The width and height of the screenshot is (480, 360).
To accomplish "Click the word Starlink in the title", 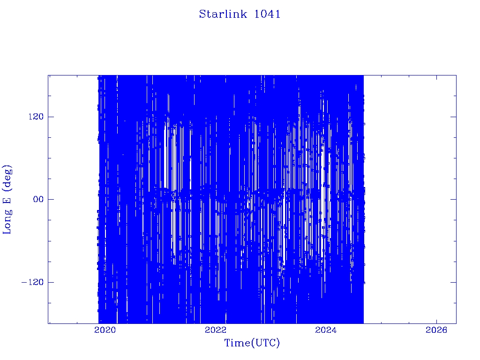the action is point(223,14).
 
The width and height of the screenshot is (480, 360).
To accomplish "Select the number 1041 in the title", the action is point(267,14).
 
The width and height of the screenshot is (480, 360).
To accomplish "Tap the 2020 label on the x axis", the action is point(105,330).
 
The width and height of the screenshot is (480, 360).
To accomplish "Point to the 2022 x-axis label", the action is point(216,330).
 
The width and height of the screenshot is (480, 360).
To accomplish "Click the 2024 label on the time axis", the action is point(326,330).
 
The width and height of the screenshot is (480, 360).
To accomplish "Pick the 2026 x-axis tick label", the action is point(436,330).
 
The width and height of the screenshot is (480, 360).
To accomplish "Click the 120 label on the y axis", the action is point(36,117).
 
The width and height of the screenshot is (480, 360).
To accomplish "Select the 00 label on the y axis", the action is point(38,199).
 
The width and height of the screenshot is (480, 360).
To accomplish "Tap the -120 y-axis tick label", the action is point(32,282).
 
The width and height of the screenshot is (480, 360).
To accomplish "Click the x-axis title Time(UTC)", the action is point(252,343).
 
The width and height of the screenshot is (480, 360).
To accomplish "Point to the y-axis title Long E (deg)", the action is point(7,199).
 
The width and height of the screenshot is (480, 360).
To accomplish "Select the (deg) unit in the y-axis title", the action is point(7,177).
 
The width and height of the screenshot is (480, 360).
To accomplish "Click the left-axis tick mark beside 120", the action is point(51,117).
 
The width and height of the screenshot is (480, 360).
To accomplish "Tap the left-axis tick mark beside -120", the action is point(51,282).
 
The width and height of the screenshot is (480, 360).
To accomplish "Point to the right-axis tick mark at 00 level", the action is point(453,199).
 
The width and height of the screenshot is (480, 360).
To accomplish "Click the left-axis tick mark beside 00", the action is point(51,199).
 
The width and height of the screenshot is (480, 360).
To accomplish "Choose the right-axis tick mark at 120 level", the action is point(453,117).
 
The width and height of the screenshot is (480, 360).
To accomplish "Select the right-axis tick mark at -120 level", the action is point(453,282).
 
